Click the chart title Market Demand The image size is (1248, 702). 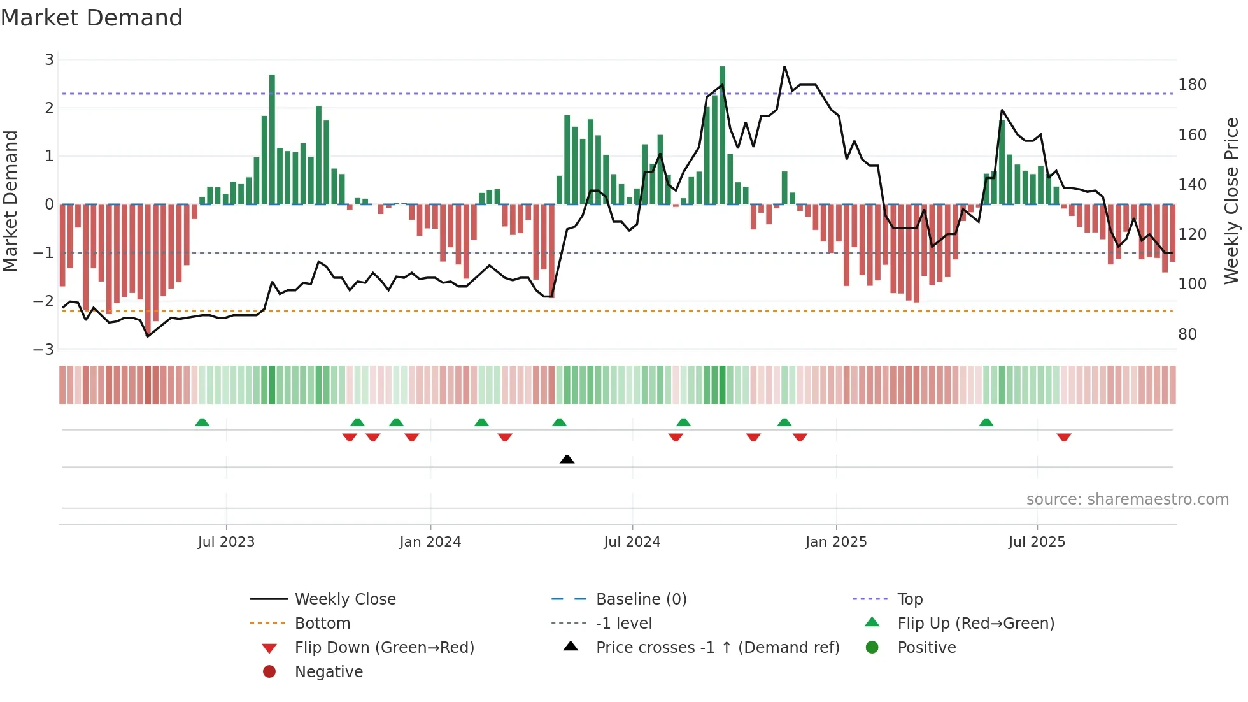92,18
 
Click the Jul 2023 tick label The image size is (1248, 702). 226,542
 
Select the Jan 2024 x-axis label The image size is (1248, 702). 430,542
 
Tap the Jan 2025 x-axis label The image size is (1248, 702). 835,542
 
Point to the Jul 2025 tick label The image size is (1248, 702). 1037,542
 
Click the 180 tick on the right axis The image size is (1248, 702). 1192,85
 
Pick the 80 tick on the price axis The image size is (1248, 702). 1187,334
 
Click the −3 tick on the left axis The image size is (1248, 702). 44,350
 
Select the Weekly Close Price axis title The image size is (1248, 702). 1231,201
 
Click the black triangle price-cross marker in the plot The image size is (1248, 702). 567,459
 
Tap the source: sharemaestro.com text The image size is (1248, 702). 1127,499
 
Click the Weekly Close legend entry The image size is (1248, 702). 344,599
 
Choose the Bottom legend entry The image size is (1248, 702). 322,624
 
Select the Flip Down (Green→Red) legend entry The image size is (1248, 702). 384,648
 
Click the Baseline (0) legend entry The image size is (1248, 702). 641,599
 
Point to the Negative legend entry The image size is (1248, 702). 329,672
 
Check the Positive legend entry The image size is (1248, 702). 926,648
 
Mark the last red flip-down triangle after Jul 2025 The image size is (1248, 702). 1063,437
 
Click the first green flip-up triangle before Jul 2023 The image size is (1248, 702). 202,422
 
